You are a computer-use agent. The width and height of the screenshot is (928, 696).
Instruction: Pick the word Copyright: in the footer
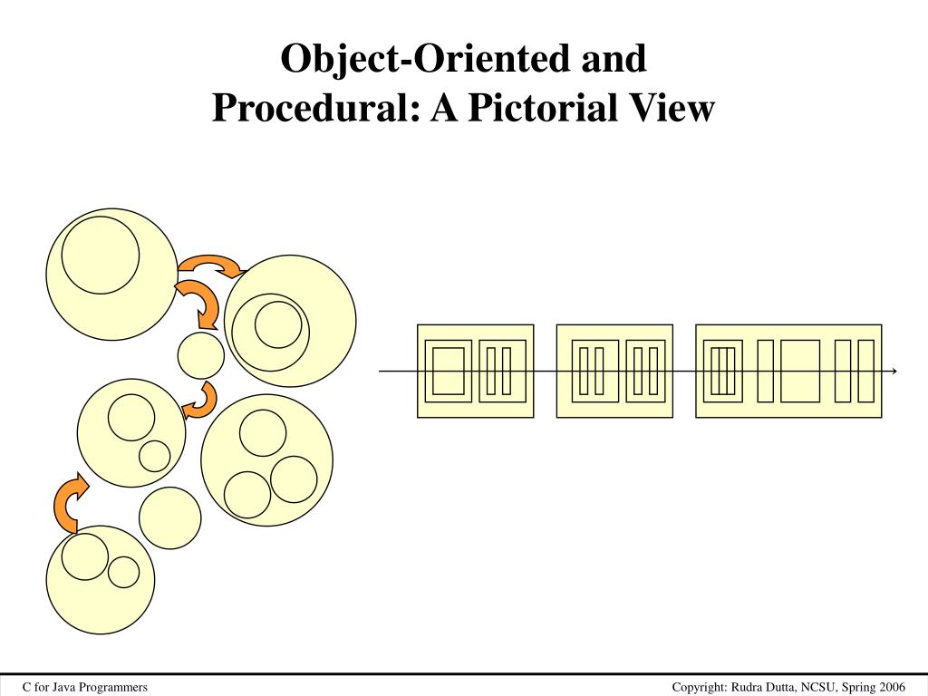[699, 688]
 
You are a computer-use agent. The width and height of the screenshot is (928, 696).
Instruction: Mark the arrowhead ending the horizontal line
[894, 372]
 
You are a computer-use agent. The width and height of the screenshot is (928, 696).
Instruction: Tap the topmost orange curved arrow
[212, 265]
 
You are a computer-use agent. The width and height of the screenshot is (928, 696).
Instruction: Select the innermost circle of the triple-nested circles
[277, 324]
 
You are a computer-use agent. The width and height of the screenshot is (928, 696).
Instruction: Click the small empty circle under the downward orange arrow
[201, 356]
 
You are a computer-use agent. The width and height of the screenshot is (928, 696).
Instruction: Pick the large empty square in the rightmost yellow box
[800, 371]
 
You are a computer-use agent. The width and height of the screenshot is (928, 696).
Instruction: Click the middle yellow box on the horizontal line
[614, 371]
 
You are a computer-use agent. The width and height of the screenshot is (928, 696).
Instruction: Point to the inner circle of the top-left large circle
[101, 255]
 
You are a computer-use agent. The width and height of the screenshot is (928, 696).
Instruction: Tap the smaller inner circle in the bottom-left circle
[123, 572]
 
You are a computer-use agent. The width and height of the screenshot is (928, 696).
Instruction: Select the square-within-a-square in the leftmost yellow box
[449, 371]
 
